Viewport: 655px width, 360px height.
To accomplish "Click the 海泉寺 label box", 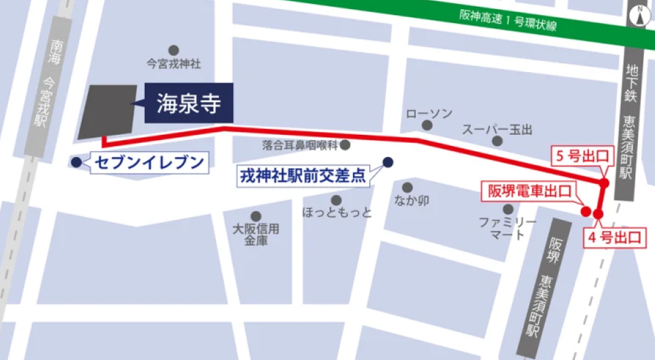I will coord(187,103).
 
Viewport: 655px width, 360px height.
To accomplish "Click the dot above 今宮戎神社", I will coord(173,50).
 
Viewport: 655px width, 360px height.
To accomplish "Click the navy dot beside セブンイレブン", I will coord(76,162).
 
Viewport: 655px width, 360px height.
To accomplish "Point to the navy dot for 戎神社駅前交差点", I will coord(388,162).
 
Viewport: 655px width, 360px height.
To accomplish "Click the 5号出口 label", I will coord(580,157).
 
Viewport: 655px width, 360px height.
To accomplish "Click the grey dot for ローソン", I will coord(427,125).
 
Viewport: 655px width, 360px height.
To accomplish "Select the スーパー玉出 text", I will coord(497,128).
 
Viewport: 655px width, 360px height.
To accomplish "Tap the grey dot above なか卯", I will coord(407,188).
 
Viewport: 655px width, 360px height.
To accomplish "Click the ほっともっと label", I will coord(337,213).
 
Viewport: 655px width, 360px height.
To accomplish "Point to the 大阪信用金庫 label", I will coord(256,234).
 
